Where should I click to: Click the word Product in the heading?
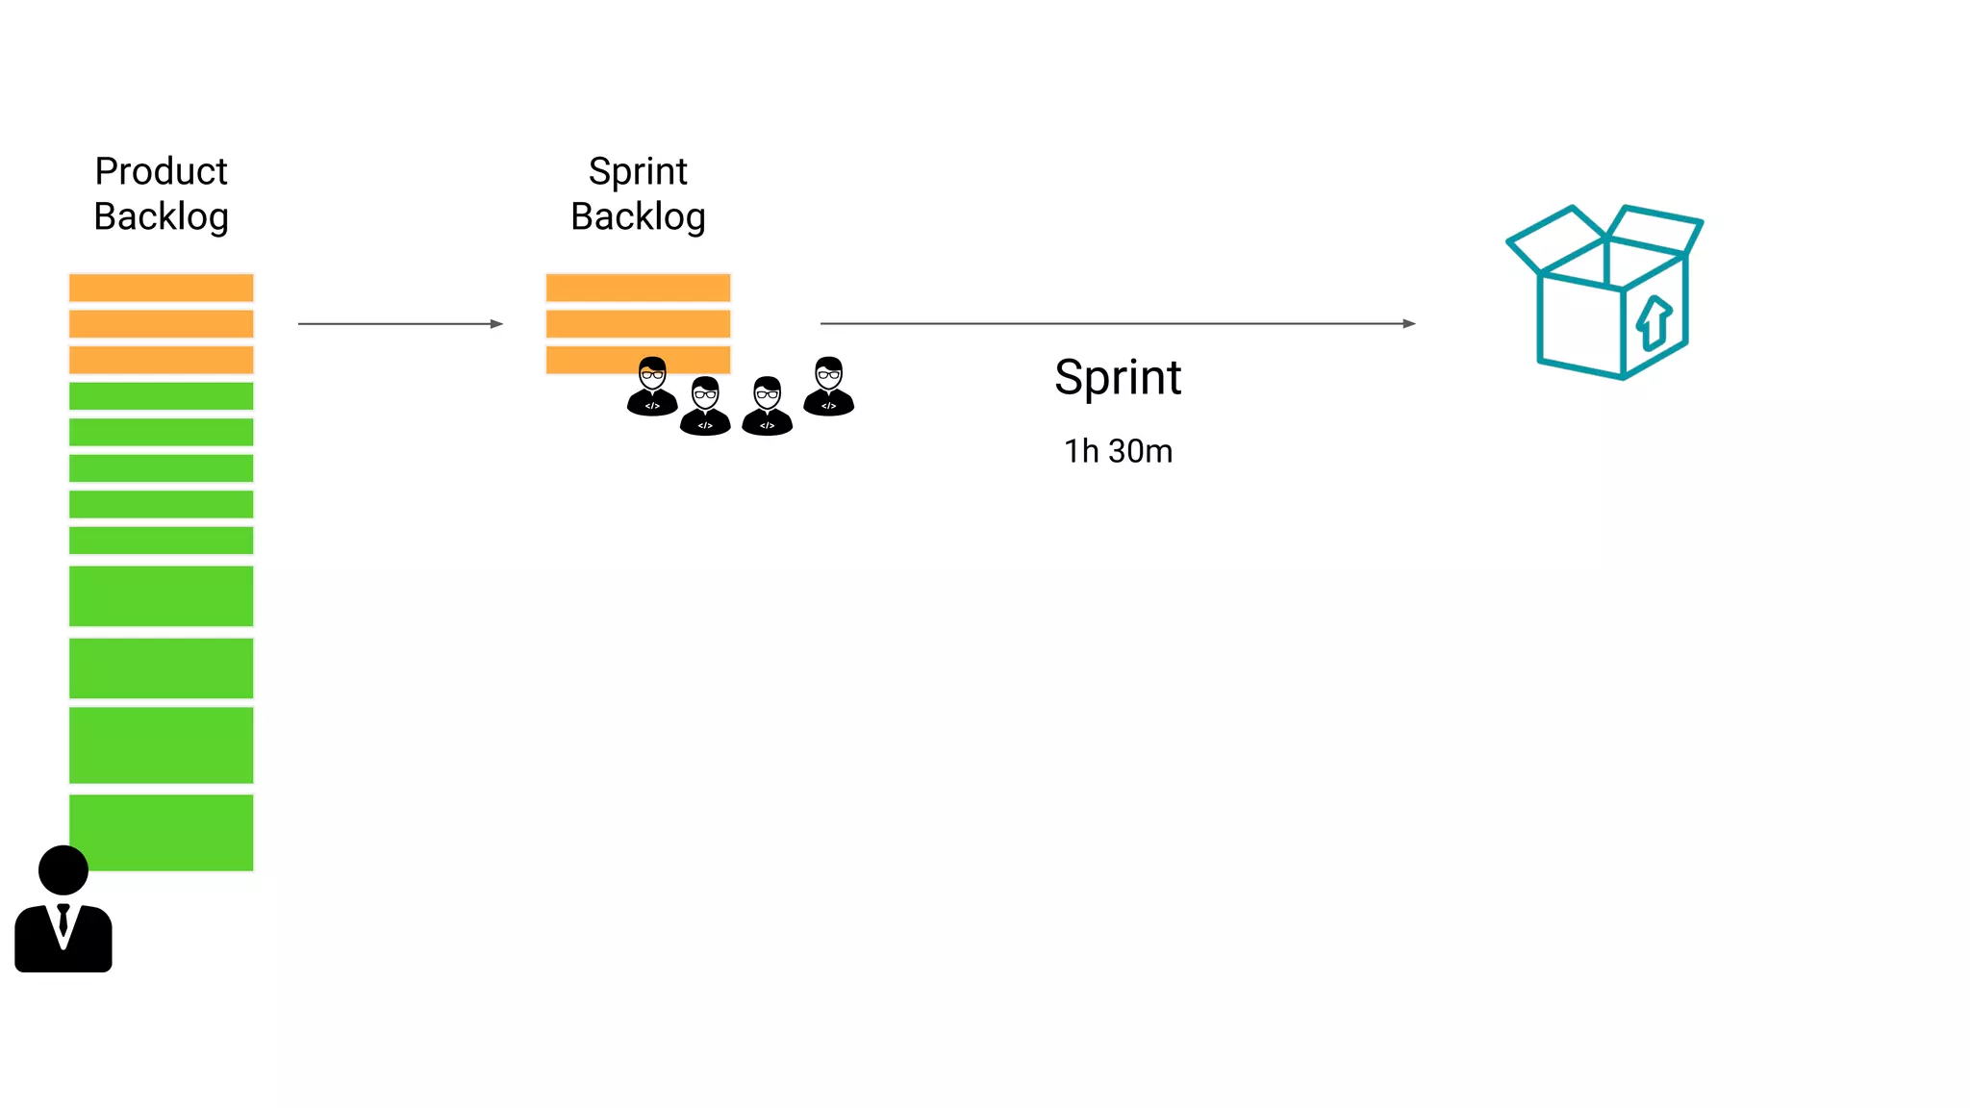tap(161, 171)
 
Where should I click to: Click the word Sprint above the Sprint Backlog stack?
tap(638, 171)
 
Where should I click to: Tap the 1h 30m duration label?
tap(1118, 451)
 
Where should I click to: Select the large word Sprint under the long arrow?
tap(1118, 377)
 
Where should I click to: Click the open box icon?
tap(1604, 291)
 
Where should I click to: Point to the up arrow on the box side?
tap(1654, 322)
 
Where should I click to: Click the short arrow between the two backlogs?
tap(400, 324)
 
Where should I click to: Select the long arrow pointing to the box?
tap(1117, 324)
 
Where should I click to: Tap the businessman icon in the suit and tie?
tap(63, 910)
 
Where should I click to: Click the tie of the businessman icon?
tap(63, 919)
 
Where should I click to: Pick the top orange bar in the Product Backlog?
tap(161, 288)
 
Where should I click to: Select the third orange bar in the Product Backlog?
tap(161, 360)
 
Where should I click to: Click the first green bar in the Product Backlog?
tap(161, 396)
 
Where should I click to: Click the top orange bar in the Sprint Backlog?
tap(638, 288)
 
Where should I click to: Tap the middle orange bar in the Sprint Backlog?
tap(638, 323)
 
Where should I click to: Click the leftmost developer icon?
tap(652, 387)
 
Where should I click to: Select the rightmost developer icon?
tap(828, 387)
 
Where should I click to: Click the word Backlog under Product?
tap(161, 216)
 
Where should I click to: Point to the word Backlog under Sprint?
tap(638, 216)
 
